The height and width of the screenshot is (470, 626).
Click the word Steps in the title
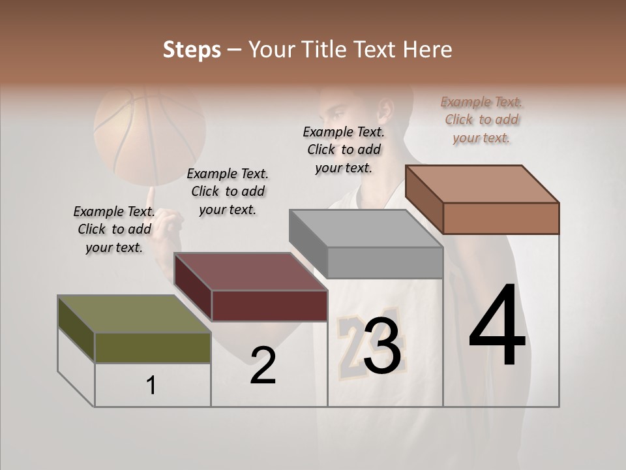point(192,50)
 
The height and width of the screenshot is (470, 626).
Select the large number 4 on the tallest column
point(497,326)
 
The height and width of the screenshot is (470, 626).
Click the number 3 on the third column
point(381,345)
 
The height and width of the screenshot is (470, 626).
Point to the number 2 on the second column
point(263,366)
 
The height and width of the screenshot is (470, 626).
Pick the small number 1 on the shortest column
point(151,385)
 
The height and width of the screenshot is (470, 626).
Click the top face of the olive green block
point(134,313)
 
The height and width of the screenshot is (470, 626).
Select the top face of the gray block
point(366,228)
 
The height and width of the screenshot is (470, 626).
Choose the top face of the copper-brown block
point(482,183)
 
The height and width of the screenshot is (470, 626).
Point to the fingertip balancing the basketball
point(152,191)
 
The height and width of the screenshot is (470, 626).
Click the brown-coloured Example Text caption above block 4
point(481,119)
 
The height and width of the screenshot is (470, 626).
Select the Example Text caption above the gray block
point(344,149)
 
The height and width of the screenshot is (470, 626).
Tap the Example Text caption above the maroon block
point(228,191)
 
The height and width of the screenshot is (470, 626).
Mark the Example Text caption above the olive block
point(114,229)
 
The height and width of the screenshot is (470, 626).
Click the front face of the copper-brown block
point(501,218)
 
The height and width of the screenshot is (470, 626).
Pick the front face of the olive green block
point(153,347)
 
